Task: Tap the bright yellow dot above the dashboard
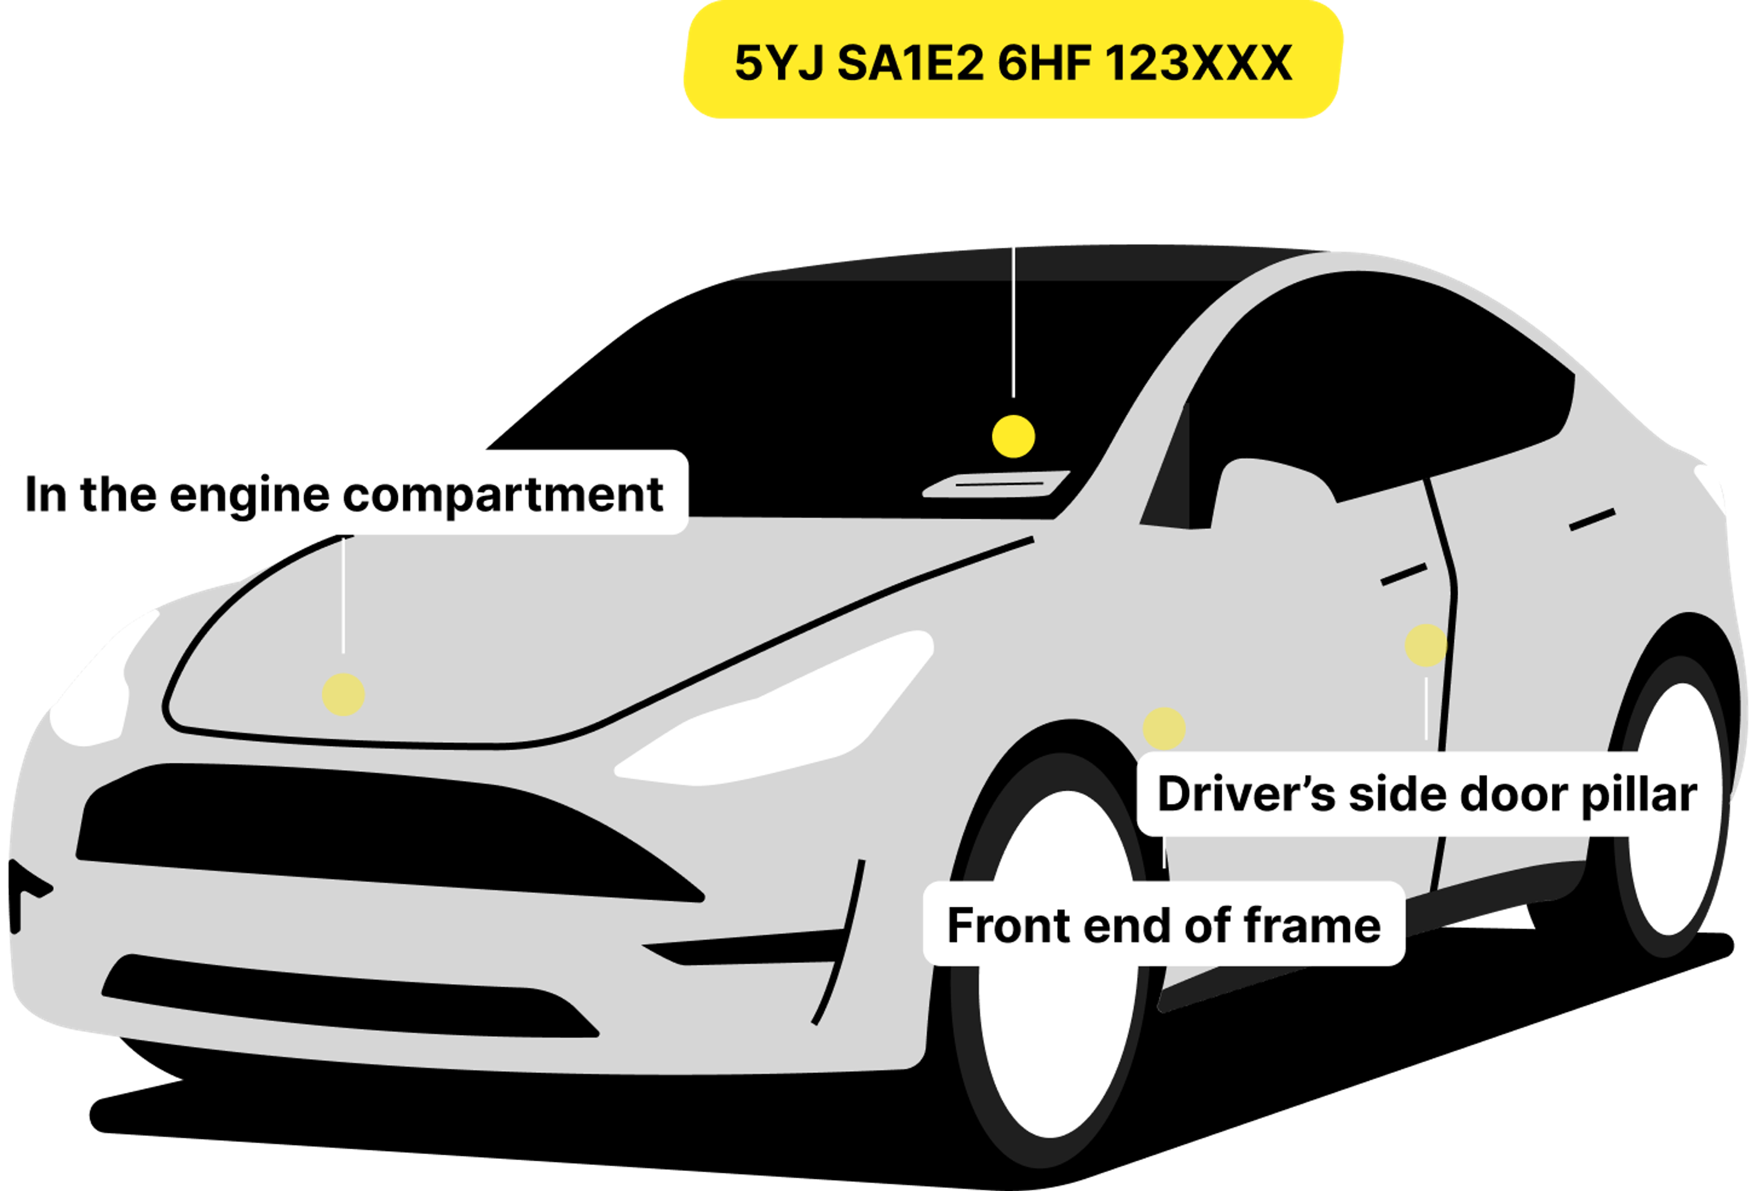(1013, 436)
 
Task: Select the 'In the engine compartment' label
(344, 494)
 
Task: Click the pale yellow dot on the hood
(343, 694)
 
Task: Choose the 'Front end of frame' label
(1163, 925)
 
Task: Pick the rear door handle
(1592, 519)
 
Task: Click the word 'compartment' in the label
(503, 495)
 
